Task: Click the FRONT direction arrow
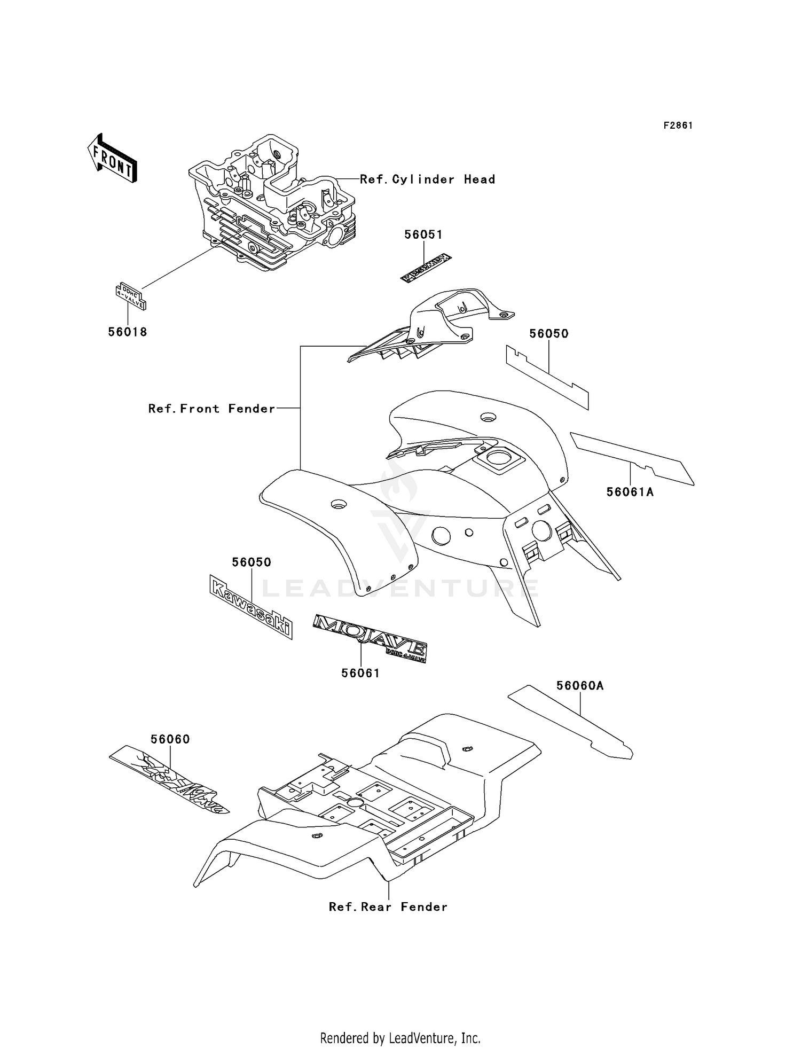tap(112, 159)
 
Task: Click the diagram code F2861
tap(678, 126)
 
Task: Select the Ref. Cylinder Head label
tap(427, 179)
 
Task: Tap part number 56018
tap(128, 332)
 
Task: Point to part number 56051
tap(423, 234)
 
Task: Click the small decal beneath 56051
tap(427, 268)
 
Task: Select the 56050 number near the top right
tap(548, 333)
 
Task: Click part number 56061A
tap(630, 491)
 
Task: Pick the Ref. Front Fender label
tap(211, 409)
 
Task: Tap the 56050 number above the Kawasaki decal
tap(252, 562)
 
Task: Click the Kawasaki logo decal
tap(251, 607)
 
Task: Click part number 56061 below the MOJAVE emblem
tap(360, 674)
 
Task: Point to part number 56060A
tap(579, 685)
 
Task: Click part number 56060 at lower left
tap(170, 739)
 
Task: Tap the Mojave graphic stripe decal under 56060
tap(170, 779)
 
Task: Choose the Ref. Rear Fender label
tap(388, 906)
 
